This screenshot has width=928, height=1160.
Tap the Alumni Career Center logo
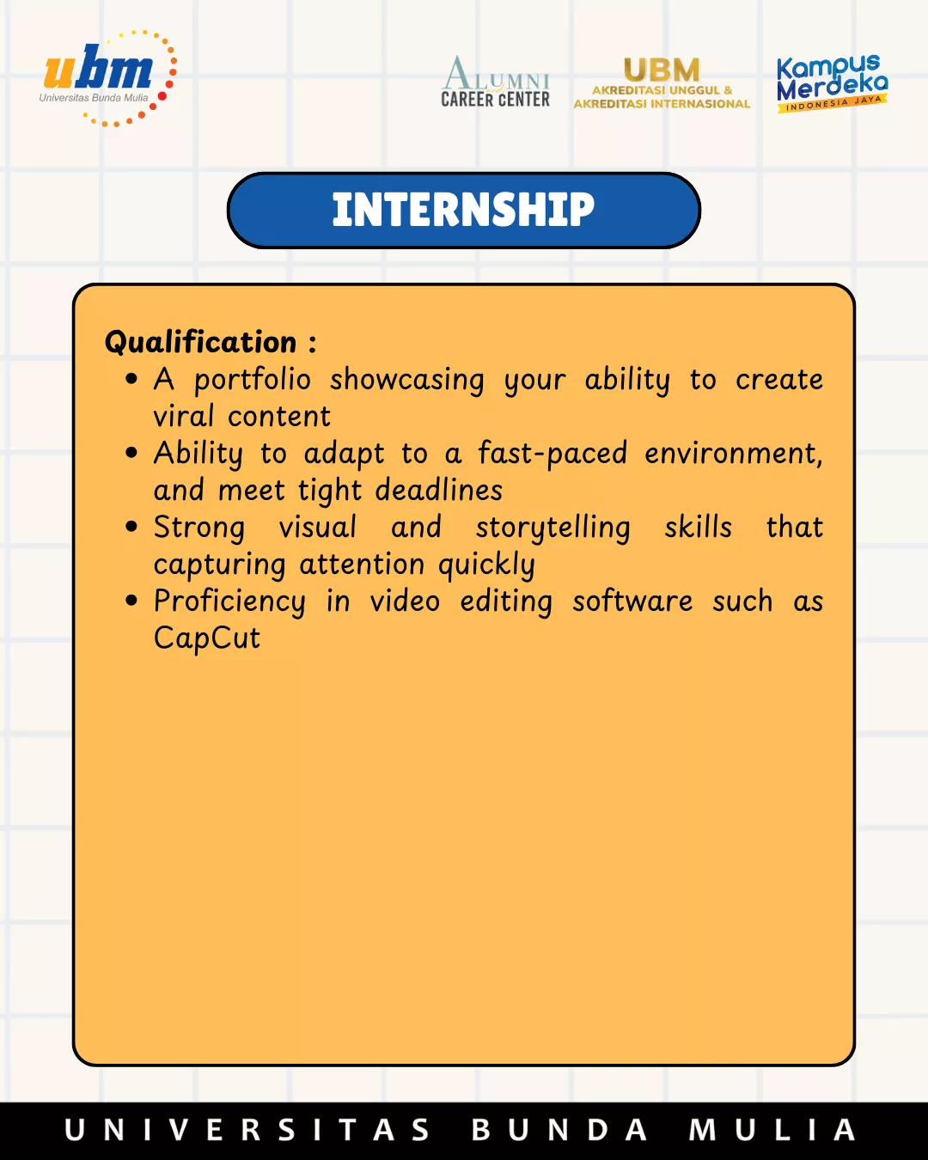(x=495, y=82)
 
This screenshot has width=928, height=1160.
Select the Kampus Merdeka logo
(x=832, y=83)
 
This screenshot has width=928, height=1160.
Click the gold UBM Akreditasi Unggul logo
(x=662, y=83)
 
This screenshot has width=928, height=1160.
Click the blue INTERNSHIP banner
(x=464, y=211)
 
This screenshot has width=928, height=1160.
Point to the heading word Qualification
(x=200, y=342)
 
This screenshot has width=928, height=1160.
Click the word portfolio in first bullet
(x=253, y=381)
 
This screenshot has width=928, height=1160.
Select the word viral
(x=183, y=416)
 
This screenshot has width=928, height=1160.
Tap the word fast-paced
(x=553, y=454)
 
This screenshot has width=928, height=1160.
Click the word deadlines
(x=439, y=490)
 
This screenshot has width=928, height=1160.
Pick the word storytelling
(x=553, y=528)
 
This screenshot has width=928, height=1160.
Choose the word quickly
(x=486, y=565)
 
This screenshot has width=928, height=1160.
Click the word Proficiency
(x=229, y=601)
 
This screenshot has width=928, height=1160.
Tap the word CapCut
(x=207, y=638)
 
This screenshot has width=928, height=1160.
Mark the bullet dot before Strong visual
(x=131, y=527)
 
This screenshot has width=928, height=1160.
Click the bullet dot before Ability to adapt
(x=131, y=453)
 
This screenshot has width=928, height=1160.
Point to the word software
(x=632, y=601)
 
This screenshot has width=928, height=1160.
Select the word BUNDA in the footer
(x=559, y=1130)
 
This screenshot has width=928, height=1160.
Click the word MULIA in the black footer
(x=772, y=1130)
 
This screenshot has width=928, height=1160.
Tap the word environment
(x=734, y=454)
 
